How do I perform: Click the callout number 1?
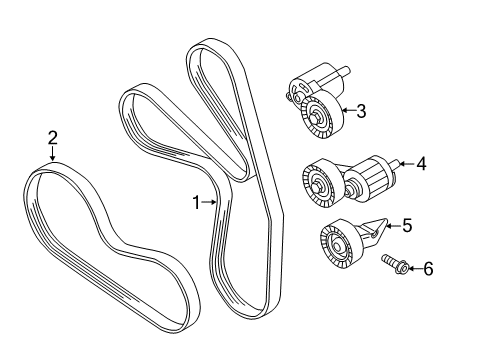coord(196,202)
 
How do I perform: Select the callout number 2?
coord(52,138)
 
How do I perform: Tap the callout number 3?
coord(361,111)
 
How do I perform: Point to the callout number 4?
coord(421,164)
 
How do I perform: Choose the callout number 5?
coord(407,225)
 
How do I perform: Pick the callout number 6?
coord(428,269)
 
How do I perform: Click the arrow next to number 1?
coord(209,202)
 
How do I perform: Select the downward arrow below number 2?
coord(52,154)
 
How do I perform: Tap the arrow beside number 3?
coord(348,110)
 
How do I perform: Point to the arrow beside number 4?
coord(406,164)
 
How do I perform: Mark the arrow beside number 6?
coord(414,269)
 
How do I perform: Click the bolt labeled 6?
coord(394,263)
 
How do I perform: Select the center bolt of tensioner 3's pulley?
coord(316,118)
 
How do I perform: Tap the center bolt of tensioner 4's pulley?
coord(317,186)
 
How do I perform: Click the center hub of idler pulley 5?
coord(337,247)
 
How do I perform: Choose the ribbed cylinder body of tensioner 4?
coord(370,179)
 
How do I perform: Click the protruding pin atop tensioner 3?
coord(343,72)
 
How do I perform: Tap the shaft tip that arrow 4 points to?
coord(396,164)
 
